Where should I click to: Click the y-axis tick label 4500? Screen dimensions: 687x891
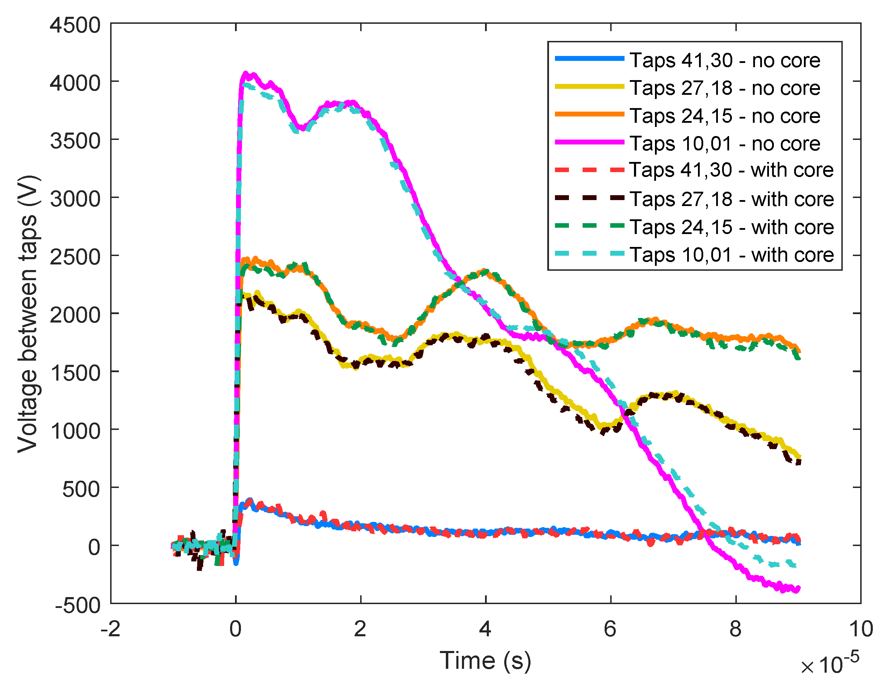pos(75,25)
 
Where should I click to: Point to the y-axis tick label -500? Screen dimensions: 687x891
pos(78,605)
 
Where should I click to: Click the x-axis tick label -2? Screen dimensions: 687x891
pos(111,629)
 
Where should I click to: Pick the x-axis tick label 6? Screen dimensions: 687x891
pos(610,629)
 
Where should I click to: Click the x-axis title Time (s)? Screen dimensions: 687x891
pos(485,660)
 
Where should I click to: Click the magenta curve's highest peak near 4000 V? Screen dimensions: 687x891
pos(245,73)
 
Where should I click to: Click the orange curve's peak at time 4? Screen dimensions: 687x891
pos(485,271)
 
